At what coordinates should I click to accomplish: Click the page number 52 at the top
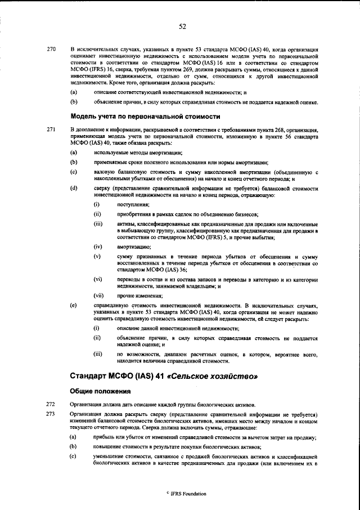coord(182,25)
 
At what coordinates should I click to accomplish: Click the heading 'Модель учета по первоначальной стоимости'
coord(145,117)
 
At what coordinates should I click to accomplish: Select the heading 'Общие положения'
coord(100,391)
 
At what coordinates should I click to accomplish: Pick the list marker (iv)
coord(97,247)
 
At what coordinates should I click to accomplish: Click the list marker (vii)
coord(98,295)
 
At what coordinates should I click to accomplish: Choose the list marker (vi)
coord(97,279)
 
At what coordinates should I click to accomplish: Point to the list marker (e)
coord(73,306)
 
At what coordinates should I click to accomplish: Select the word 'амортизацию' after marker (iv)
coord(133,247)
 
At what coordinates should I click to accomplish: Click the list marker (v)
coord(97,257)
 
